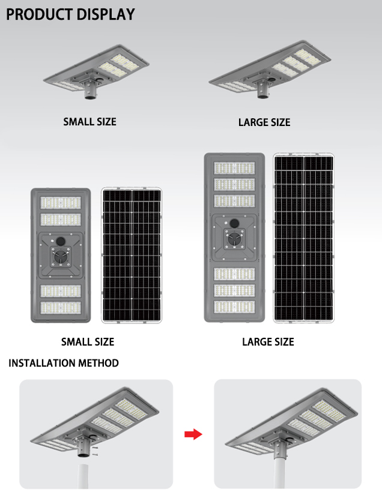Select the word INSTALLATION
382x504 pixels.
[42, 363]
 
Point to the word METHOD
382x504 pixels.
[99, 363]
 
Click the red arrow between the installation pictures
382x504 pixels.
[193, 434]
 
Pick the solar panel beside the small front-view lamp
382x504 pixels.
[132, 255]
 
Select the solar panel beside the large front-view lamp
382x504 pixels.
[303, 238]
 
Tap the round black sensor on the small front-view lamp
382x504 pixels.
[60, 241]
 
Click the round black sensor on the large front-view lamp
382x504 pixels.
[234, 223]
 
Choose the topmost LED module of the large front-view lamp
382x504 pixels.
[234, 168]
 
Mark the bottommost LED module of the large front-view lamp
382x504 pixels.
[234, 307]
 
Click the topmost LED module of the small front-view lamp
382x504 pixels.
[61, 203]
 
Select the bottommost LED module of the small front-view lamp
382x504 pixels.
[61, 308]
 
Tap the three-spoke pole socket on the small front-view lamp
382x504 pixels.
[60, 257]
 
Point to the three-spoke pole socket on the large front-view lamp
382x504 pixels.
[234, 239]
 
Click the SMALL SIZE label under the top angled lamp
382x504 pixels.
[89, 122]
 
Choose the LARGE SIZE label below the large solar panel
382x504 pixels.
[268, 341]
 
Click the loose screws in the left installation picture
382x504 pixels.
[95, 451]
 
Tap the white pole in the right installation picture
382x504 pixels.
[279, 473]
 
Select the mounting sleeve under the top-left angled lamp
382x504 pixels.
[90, 91]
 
